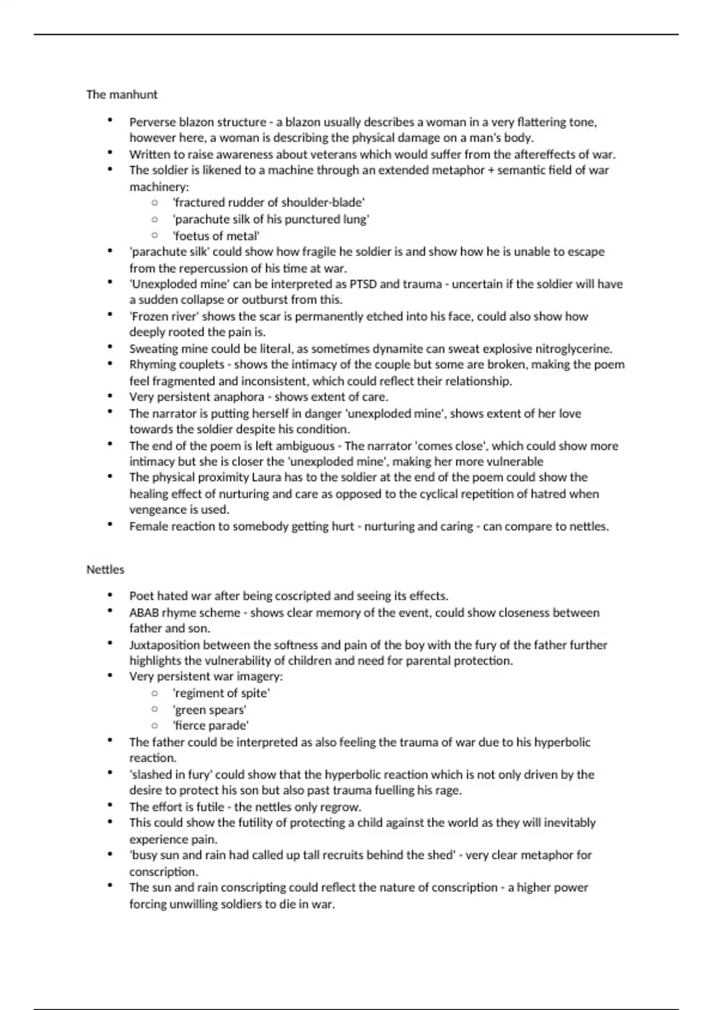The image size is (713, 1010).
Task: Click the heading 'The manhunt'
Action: point(122,94)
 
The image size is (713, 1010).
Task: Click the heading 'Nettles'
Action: point(105,569)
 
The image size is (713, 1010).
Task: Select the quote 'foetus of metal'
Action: point(216,236)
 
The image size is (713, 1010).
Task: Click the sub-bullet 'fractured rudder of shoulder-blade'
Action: point(269,203)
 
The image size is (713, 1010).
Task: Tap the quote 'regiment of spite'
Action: point(221,693)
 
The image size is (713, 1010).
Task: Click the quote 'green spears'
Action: point(209,710)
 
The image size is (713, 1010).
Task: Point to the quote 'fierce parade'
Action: point(211,725)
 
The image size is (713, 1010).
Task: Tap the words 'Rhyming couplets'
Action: point(176,365)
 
